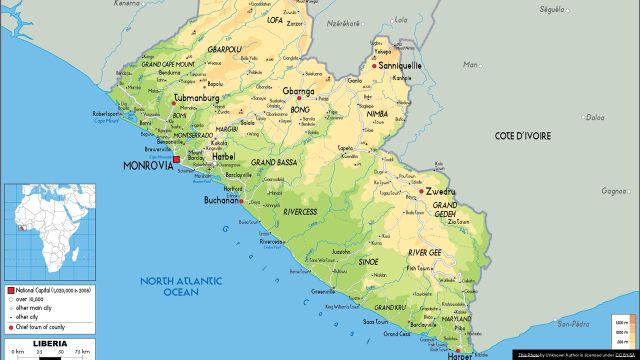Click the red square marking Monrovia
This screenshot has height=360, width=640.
click(176, 159)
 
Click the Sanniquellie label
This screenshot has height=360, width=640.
click(400, 65)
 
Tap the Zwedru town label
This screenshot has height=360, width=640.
click(441, 189)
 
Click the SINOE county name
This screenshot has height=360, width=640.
click(368, 262)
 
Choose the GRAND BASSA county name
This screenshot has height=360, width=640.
click(275, 161)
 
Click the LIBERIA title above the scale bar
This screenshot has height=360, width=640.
click(51, 343)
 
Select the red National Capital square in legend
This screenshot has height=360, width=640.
click(9, 288)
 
